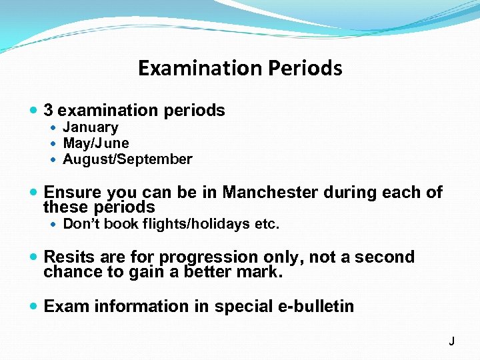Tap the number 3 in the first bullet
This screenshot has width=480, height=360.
[x=49, y=110]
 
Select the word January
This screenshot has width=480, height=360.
[x=91, y=127]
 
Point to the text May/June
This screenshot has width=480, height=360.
[x=96, y=143]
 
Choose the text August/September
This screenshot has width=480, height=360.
[x=127, y=159]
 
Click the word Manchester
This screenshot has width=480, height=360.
[x=270, y=193]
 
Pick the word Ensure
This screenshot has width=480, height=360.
[x=73, y=193]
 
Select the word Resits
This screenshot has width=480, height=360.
[x=67, y=257]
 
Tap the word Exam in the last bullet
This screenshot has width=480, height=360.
[x=67, y=307]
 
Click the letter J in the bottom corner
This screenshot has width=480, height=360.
[x=451, y=341]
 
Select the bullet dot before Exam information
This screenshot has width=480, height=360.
[x=34, y=307]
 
